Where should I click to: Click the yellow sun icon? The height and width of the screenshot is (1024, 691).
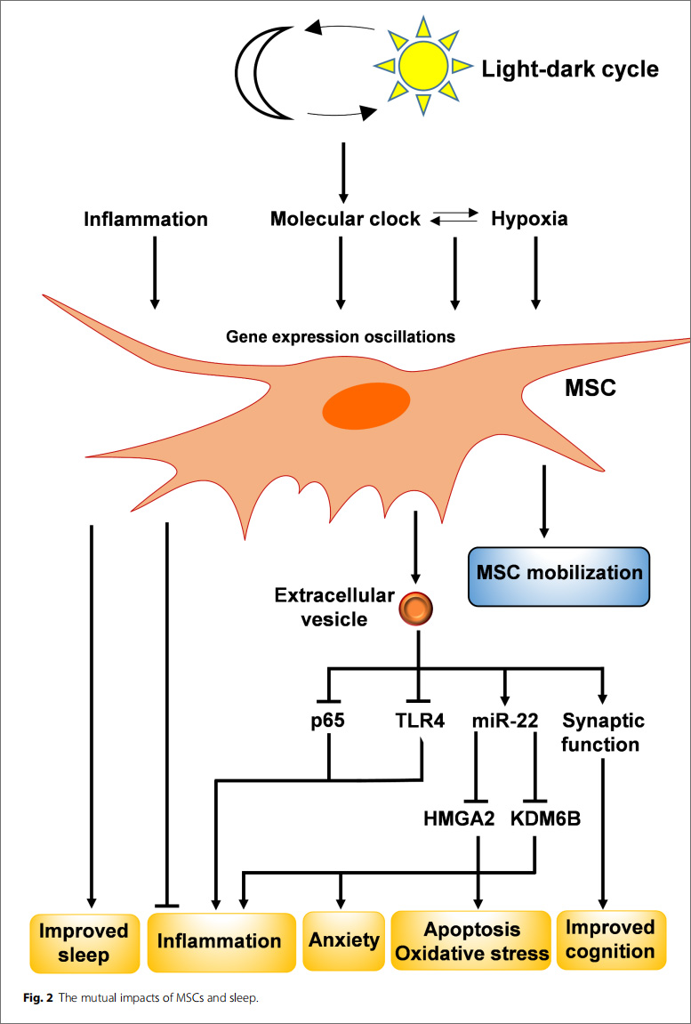tap(422, 65)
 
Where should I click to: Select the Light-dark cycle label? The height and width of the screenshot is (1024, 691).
tap(570, 68)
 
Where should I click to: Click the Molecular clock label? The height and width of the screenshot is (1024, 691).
tap(345, 219)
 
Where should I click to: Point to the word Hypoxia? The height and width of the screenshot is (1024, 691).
tap(529, 219)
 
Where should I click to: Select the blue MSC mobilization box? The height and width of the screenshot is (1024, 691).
tap(559, 577)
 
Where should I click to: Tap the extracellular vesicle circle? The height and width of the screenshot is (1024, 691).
tap(416, 608)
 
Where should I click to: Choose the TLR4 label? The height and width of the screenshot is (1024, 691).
tap(418, 721)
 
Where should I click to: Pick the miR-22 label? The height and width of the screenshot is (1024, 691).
tap(505, 721)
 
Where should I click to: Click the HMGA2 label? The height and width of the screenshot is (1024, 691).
tap(459, 818)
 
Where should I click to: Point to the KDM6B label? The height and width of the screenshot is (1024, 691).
tap(546, 818)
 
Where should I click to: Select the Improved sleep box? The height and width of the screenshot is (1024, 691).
tap(85, 943)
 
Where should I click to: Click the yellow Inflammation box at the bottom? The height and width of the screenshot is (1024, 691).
tap(220, 941)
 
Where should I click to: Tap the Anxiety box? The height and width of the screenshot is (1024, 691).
tap(343, 939)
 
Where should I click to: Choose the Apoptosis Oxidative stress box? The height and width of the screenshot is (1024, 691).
tap(472, 941)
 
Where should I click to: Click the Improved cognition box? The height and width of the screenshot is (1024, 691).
tap(610, 939)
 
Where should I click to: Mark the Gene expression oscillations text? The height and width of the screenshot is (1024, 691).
tap(341, 337)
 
